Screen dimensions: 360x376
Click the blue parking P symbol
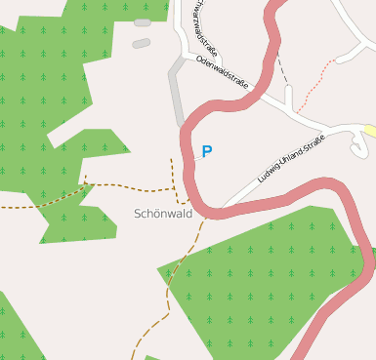[x=206, y=151]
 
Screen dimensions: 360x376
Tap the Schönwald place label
[x=163, y=213]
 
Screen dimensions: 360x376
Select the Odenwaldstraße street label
[x=222, y=72]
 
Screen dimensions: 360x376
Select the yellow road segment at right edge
[x=370, y=131]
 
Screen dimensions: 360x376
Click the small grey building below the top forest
[x=142, y=43]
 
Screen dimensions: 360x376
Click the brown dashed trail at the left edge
[x=20, y=207]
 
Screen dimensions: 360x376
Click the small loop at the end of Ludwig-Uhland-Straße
[x=358, y=146]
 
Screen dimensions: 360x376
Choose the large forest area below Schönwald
[x=254, y=283]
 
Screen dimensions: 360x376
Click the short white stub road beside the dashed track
[x=289, y=98]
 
